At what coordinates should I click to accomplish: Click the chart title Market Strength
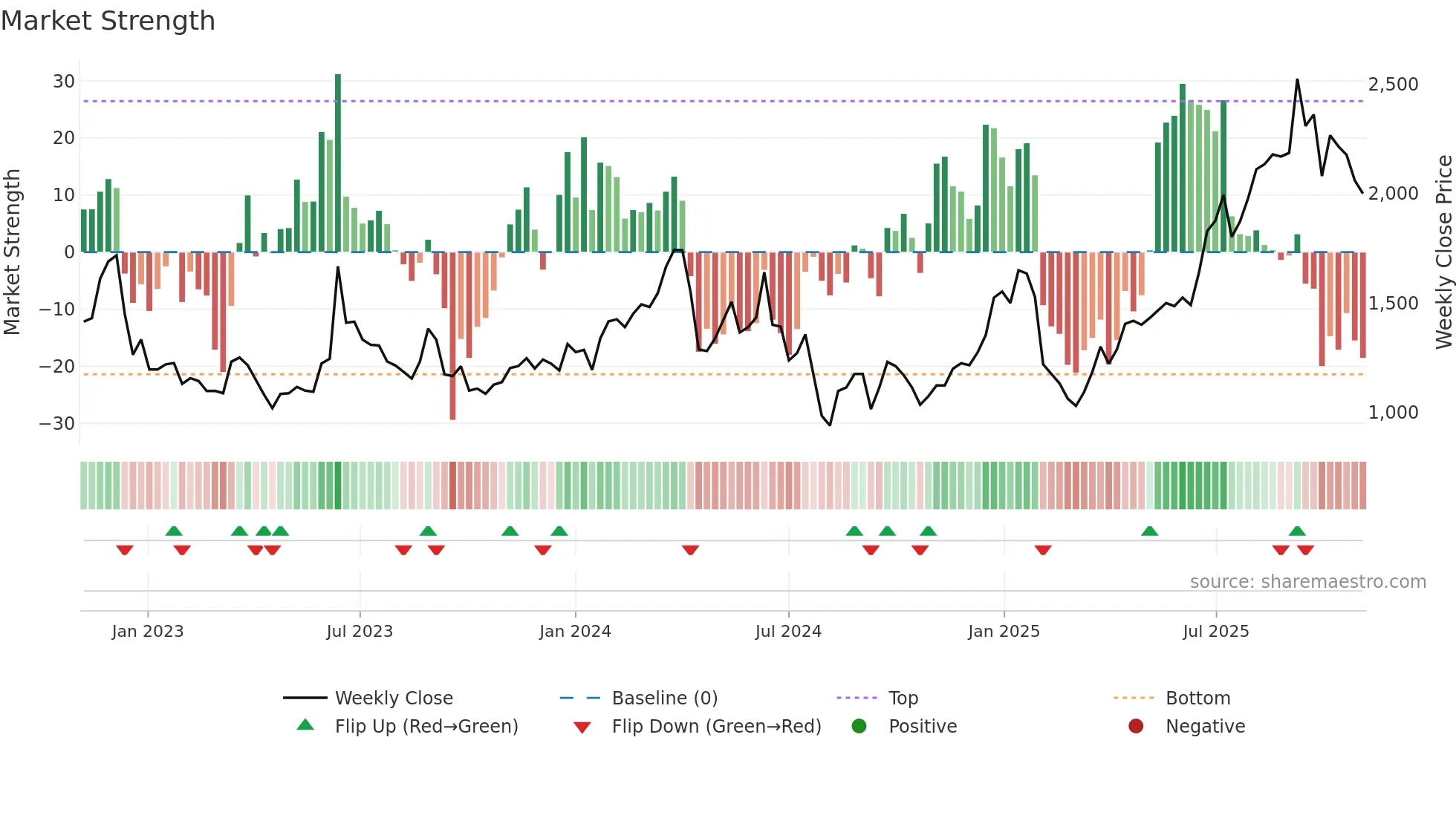pos(108,21)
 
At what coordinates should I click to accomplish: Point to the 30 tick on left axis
pos(64,82)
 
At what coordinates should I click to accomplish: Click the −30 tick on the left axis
pos(57,424)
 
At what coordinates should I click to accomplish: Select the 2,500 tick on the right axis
pos(1393,85)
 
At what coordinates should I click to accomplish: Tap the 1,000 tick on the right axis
pos(1393,413)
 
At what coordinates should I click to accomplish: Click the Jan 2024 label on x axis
pos(575,632)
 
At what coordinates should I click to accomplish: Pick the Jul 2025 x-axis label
pos(1215,632)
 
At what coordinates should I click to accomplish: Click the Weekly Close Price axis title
pos(1443,252)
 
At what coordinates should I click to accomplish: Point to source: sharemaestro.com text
pos(1307,582)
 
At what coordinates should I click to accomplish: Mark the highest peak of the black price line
pos(1297,80)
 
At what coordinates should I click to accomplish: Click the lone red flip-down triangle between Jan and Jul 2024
pos(690,550)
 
